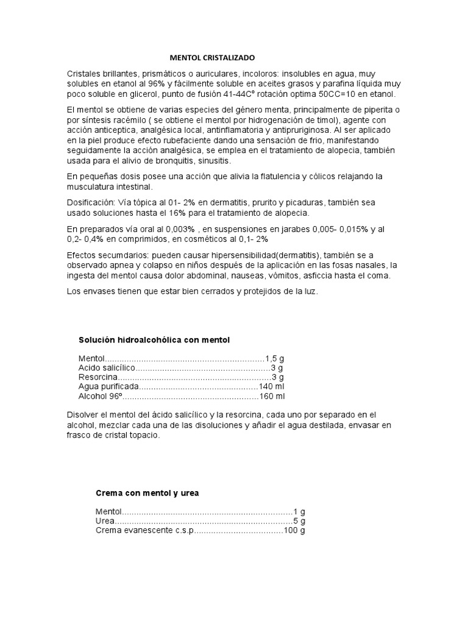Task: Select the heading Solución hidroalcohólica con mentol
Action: [x=154, y=339]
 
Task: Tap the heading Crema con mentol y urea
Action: [x=155, y=492]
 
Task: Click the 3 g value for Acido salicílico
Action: [x=277, y=368]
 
